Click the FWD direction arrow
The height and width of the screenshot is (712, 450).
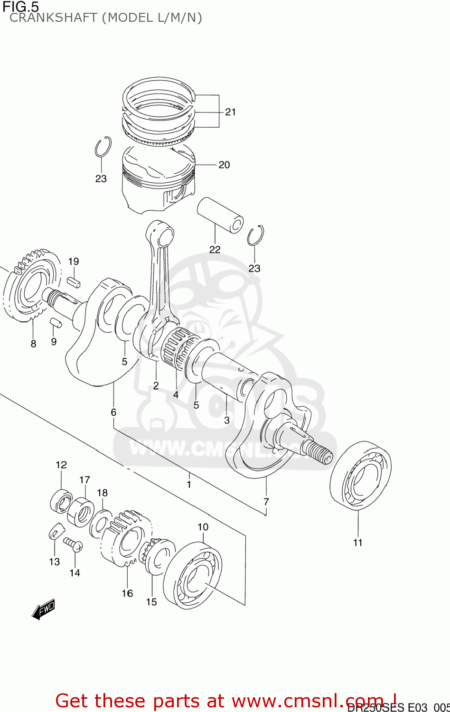[x=43, y=609]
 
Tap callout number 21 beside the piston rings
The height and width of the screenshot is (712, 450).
[x=230, y=112]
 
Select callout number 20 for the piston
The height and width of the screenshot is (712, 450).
[x=224, y=165]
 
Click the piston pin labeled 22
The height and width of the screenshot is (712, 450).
[x=220, y=215]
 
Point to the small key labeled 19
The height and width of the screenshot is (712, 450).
[x=74, y=281]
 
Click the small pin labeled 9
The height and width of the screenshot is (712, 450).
[x=56, y=323]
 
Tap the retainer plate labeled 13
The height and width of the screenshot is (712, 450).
[x=56, y=532]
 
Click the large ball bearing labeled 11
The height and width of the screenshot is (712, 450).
[x=360, y=475]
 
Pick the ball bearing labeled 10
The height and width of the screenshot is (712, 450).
[x=192, y=576]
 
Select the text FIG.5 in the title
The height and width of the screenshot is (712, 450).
[x=20, y=7]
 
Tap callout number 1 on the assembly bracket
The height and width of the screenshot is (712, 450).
[x=189, y=484]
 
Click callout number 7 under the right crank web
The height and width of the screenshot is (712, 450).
[x=266, y=502]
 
